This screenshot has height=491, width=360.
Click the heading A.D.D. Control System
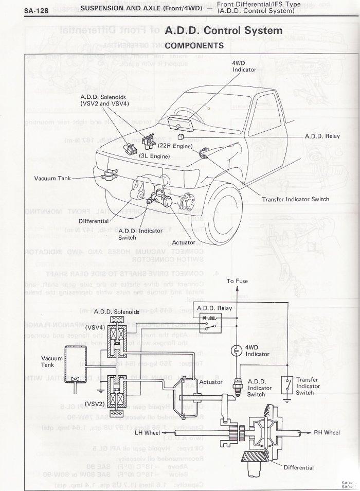point(224,31)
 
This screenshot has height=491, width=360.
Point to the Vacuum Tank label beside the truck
point(51,179)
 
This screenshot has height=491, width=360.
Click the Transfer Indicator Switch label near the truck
point(295,199)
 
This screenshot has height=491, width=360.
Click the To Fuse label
point(237,282)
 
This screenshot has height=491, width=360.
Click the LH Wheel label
point(148,433)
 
